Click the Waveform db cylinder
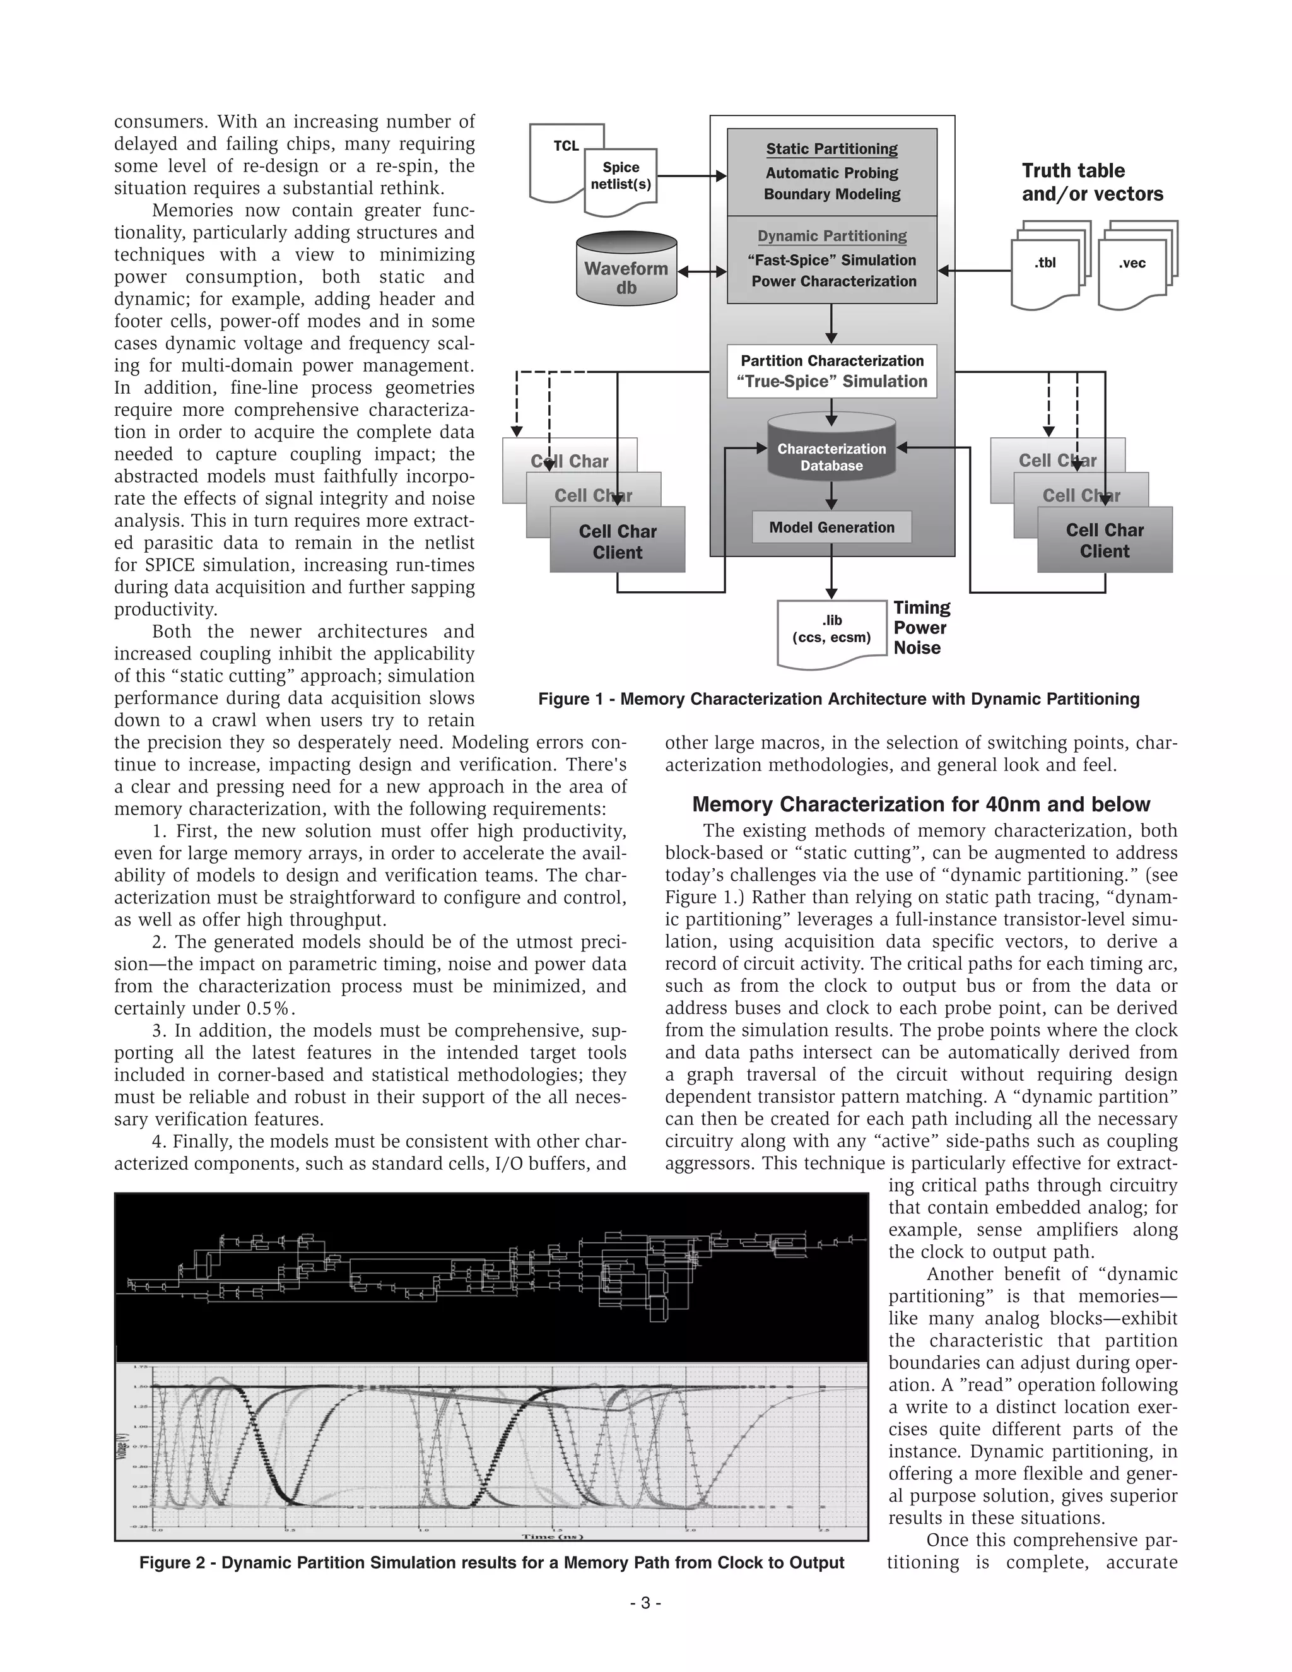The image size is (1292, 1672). (626, 269)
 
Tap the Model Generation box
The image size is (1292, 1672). (831, 527)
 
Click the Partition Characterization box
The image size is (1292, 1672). (831, 371)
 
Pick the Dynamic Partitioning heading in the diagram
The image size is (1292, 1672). (831, 237)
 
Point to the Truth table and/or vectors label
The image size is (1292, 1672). (1091, 182)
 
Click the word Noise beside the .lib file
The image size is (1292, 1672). (917, 649)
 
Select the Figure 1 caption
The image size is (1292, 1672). (839, 699)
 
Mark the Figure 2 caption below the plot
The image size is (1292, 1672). (491, 1562)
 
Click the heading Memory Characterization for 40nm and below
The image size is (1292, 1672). (921, 804)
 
